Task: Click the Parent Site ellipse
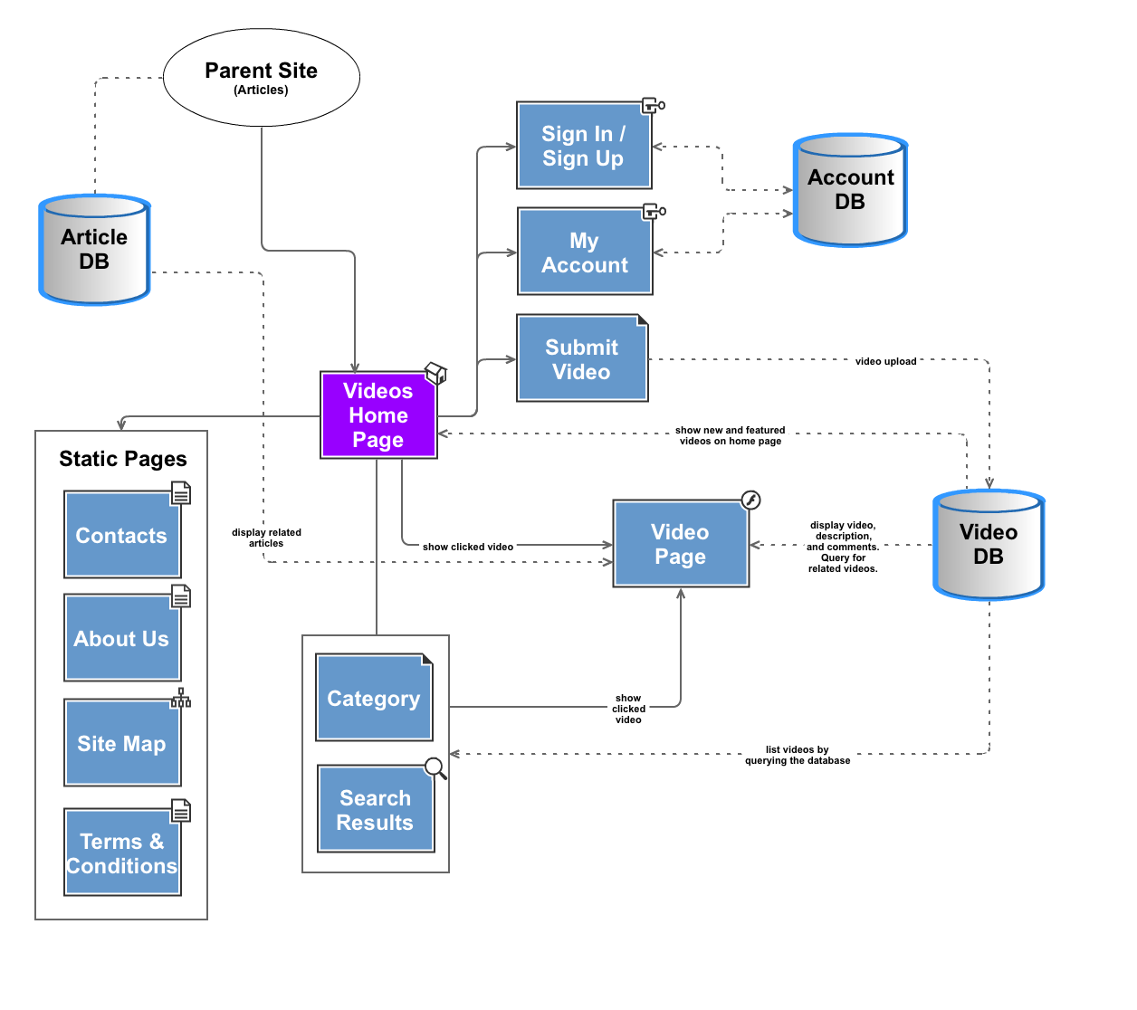[x=261, y=78]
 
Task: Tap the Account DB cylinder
[x=850, y=190]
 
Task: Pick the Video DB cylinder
[x=989, y=545]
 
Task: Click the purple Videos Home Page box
[x=378, y=415]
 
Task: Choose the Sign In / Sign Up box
[x=583, y=146]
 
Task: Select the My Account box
[x=585, y=252]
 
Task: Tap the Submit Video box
[x=582, y=359]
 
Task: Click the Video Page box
[x=681, y=544]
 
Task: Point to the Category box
[x=374, y=698]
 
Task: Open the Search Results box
[x=376, y=810]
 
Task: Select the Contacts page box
[x=121, y=536]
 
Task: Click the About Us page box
[x=121, y=639]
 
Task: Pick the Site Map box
[x=121, y=744]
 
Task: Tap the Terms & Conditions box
[x=121, y=853]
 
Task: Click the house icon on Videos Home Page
[x=435, y=373]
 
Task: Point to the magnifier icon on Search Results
[x=435, y=768]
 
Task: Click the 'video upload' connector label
[x=885, y=361]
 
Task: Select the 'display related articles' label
[x=266, y=538]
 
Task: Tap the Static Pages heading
[x=123, y=459]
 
